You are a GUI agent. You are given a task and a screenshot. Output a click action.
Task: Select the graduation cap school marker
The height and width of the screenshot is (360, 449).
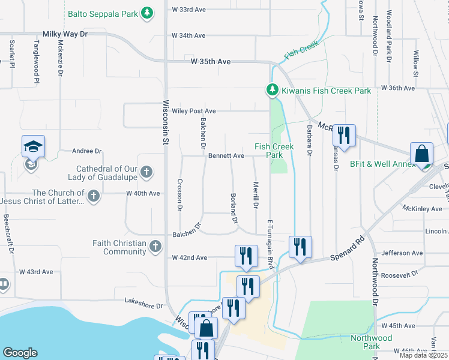click(33, 146)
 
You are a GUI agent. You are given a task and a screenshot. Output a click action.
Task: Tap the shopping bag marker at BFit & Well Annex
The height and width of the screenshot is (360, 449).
click(421, 153)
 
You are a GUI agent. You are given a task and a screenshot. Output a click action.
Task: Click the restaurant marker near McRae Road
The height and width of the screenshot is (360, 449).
click(343, 135)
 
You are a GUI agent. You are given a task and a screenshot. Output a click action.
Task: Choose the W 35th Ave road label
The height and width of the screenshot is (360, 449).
click(211, 62)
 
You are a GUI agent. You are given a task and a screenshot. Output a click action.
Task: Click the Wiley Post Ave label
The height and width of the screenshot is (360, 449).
click(195, 111)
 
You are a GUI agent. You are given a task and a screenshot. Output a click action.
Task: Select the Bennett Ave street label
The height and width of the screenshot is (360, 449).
click(226, 155)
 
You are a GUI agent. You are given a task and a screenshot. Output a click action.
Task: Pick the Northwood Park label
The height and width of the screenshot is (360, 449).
click(372, 342)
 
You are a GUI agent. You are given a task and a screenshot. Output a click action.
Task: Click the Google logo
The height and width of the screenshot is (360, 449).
click(20, 353)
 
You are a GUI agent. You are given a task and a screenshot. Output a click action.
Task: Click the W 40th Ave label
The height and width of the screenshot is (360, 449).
click(143, 193)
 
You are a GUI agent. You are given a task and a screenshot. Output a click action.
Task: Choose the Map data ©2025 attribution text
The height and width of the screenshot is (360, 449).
click(422, 355)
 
